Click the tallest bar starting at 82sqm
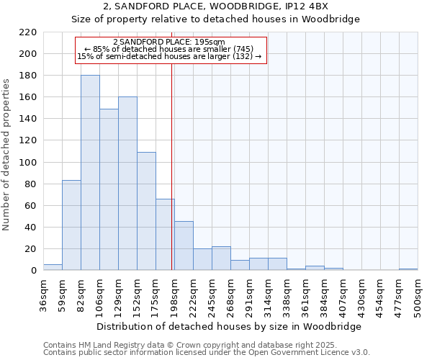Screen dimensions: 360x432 point(90,173)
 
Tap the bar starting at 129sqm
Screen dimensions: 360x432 point(127,184)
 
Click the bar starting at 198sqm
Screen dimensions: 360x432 point(184,246)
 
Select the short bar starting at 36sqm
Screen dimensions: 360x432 point(53,267)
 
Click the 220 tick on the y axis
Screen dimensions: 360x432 point(27,32)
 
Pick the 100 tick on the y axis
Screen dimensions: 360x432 point(27,163)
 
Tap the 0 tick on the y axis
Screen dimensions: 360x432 point(33,271)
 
